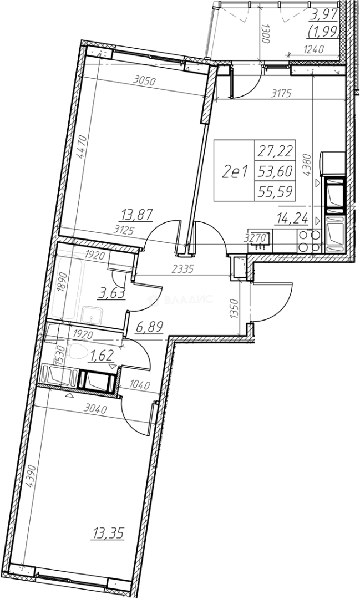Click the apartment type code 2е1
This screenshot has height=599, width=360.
[234, 173]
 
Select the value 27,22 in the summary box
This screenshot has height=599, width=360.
[275, 150]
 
